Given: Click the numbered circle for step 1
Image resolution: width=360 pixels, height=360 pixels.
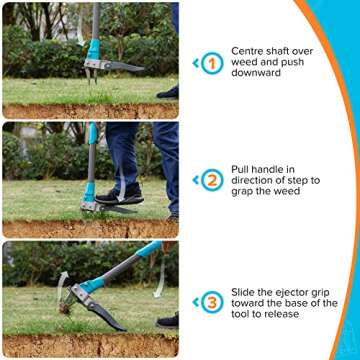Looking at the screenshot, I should [211, 64].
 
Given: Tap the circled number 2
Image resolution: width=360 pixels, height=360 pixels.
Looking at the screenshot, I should [211, 181].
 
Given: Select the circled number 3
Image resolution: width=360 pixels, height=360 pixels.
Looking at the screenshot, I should [211, 302].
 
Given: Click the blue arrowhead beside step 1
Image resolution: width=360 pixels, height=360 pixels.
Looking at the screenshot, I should [195, 64].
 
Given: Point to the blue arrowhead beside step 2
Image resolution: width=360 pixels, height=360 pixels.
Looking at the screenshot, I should [195, 181].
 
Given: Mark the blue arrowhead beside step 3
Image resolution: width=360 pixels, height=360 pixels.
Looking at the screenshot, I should [195, 302].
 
